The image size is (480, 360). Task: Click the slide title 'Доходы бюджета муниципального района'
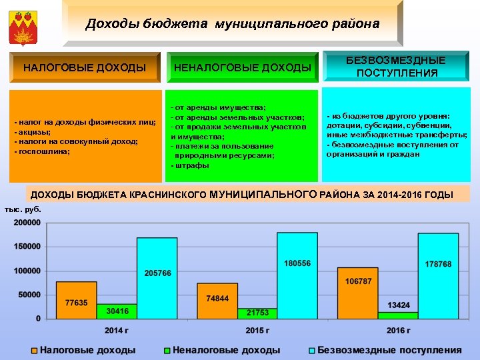(232, 24)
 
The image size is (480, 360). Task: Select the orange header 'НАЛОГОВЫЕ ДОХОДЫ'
(85, 67)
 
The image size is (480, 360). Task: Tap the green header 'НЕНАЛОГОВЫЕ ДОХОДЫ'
(242, 67)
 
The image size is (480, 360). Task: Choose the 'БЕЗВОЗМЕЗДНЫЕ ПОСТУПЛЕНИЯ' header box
(397, 67)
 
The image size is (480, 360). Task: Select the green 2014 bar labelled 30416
(117, 311)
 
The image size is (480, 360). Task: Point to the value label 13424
(399, 305)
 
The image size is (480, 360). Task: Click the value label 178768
(438, 265)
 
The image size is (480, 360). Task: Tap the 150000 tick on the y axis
(27, 247)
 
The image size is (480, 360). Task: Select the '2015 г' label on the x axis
(257, 331)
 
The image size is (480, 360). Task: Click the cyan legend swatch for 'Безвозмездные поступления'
(312, 350)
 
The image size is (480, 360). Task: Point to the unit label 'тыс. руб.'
(22, 209)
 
